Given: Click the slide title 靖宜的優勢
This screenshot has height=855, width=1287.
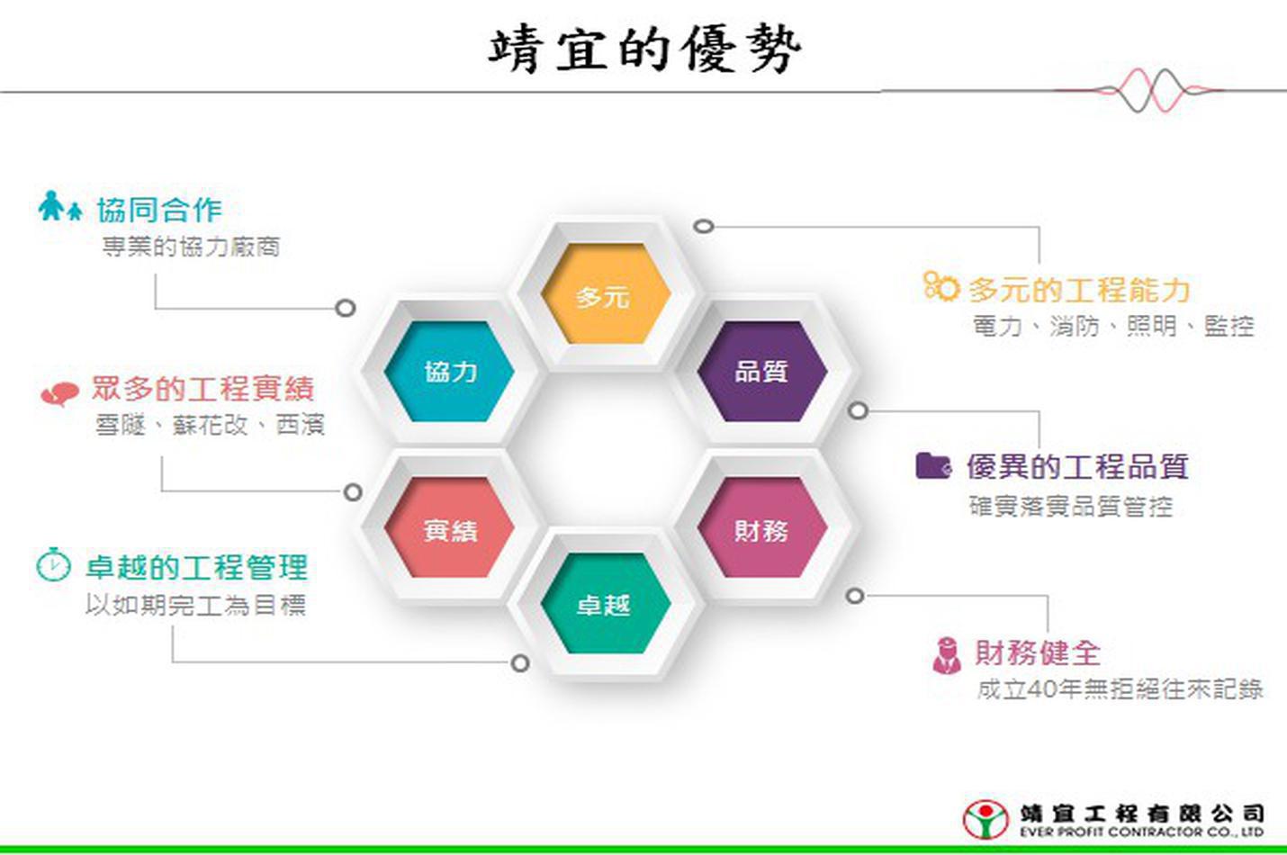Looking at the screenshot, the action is (x=644, y=50).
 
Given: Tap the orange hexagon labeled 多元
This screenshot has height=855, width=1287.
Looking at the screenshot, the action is (x=606, y=293).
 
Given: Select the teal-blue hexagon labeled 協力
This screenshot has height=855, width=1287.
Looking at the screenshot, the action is (x=449, y=371).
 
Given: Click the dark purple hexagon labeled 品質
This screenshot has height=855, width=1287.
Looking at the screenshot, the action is (x=762, y=371).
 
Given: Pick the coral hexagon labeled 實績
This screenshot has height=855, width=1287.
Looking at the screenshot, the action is (x=449, y=527).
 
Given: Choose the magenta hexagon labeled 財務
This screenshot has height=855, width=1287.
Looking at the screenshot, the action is (x=762, y=527).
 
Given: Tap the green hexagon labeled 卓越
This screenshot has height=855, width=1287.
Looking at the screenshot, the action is (x=606, y=603).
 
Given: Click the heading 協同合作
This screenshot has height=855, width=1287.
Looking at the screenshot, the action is (x=159, y=210).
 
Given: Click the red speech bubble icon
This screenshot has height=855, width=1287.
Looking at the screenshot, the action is (x=59, y=394).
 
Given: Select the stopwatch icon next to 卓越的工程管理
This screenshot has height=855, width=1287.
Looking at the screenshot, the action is (x=53, y=564).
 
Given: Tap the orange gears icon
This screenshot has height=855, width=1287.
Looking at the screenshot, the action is (x=941, y=286).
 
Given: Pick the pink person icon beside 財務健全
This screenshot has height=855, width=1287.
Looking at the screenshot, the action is (x=947, y=655).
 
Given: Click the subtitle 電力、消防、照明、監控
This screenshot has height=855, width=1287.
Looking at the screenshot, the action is (x=1113, y=327).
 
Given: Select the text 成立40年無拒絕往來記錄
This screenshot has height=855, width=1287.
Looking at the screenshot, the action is (x=1120, y=688).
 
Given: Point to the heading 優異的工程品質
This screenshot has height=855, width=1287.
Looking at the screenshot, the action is (x=1077, y=466).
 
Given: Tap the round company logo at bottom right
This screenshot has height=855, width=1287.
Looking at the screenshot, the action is (x=985, y=819).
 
